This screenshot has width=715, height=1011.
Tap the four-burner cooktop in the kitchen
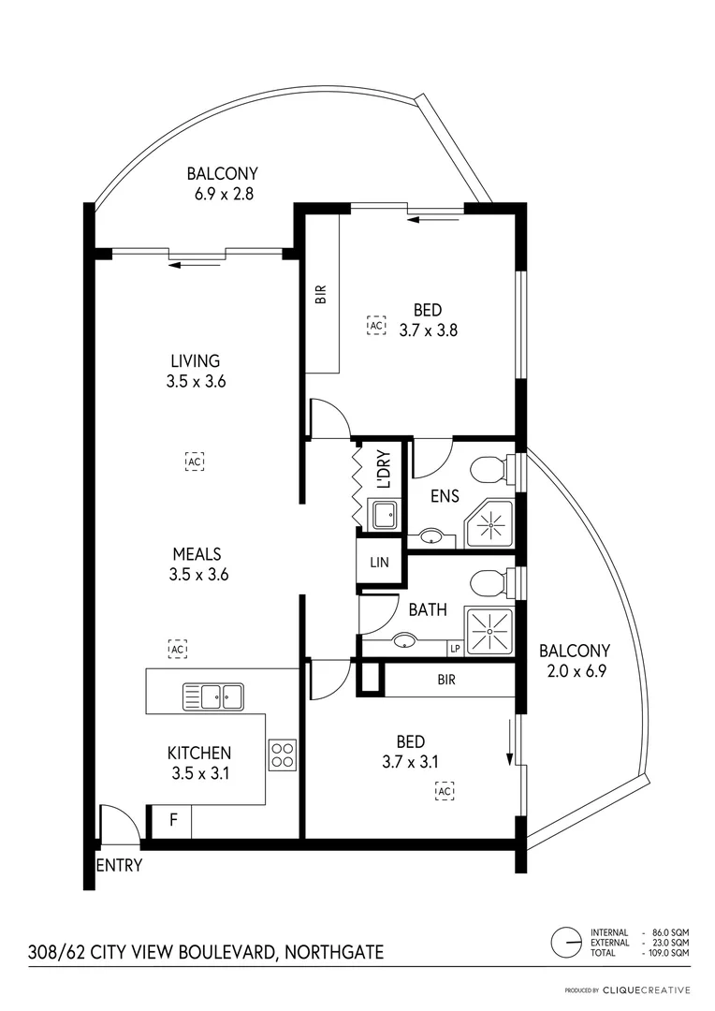283,755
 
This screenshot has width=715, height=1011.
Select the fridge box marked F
172,821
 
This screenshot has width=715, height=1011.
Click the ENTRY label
119,865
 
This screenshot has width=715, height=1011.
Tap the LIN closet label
379,563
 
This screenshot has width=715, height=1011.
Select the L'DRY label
383,471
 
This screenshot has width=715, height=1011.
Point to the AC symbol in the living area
195,462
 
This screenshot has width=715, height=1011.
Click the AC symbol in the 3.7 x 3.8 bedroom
376,325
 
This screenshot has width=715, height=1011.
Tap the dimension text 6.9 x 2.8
222,194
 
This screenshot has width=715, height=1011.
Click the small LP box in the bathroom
455,648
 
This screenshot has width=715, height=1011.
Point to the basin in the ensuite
430,537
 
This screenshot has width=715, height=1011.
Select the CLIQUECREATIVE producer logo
646,989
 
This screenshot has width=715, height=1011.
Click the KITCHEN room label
198,753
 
